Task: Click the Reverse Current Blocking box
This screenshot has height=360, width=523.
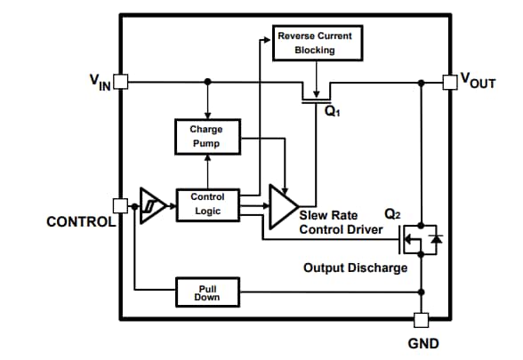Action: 314,43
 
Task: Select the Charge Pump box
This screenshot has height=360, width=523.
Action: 205,136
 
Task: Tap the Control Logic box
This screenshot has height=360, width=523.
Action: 207,204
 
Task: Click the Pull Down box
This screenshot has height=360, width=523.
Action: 207,292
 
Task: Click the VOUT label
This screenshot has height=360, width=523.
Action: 477,82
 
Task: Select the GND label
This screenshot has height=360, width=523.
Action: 423,343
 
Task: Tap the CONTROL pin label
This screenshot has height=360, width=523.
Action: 79,220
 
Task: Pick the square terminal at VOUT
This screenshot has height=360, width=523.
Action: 451,82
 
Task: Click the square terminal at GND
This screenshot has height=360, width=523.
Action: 422,319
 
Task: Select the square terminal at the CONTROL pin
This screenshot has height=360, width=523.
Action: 121,204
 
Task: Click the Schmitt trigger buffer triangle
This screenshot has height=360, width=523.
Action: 151,204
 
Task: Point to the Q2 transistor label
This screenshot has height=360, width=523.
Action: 391,214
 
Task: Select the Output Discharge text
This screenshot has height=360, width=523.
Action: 355,268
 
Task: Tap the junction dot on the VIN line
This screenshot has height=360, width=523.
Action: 207,82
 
